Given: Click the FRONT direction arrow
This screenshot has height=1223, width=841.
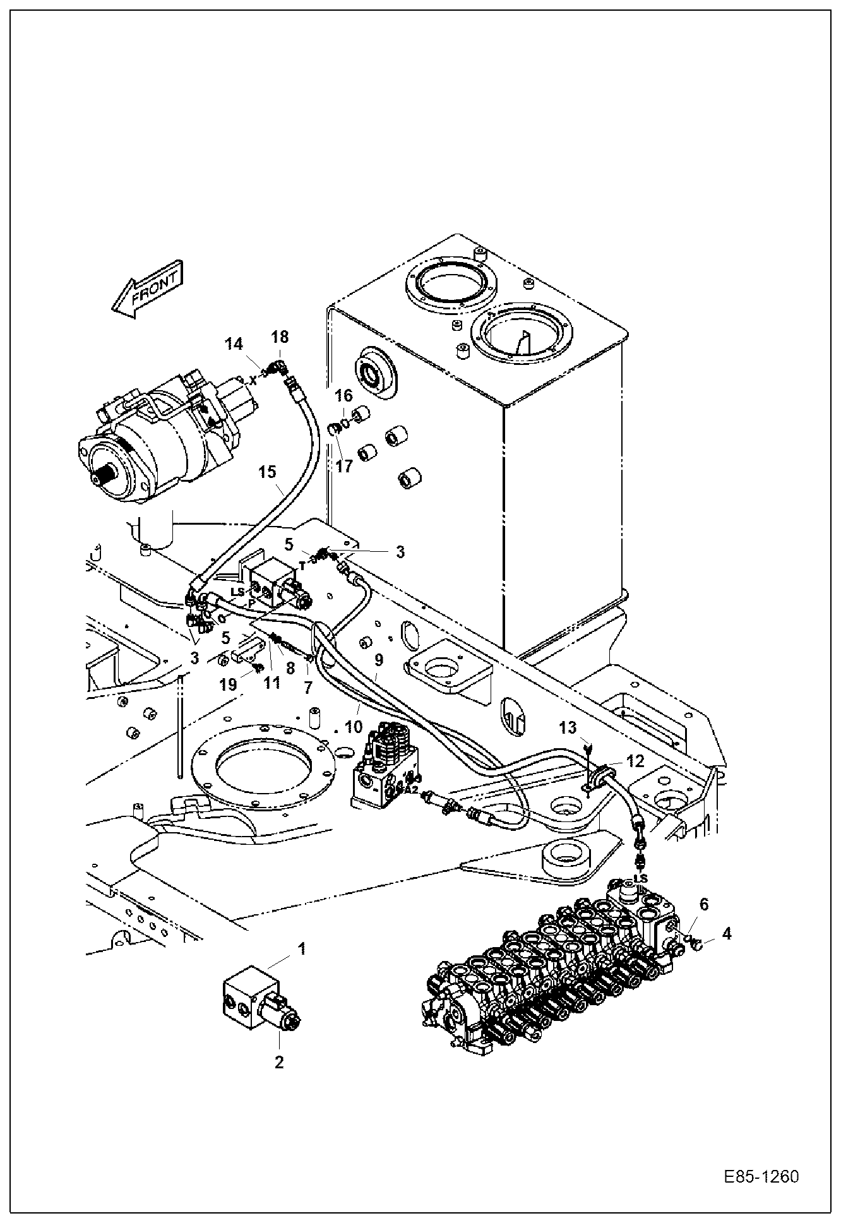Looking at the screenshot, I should click(148, 289).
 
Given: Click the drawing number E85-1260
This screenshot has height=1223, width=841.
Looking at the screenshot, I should click(761, 1177).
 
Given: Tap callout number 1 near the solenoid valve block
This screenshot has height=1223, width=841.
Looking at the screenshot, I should click(302, 948).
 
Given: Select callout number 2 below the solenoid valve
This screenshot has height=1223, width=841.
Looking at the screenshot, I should click(278, 1061).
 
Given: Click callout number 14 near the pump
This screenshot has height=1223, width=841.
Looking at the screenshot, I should click(234, 344).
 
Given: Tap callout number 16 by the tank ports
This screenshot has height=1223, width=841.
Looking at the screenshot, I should click(343, 396).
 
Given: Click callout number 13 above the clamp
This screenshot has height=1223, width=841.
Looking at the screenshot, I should click(568, 728).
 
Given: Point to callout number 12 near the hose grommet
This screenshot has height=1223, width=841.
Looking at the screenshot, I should click(635, 761).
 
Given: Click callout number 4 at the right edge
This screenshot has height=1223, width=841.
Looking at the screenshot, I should click(727, 933).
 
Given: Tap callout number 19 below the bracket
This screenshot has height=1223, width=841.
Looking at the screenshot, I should click(229, 684).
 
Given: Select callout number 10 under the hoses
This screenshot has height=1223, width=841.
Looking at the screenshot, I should click(354, 726).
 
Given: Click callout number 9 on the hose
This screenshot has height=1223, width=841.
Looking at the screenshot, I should click(378, 660).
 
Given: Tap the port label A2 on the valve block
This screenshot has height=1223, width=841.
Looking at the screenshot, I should click(412, 789).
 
